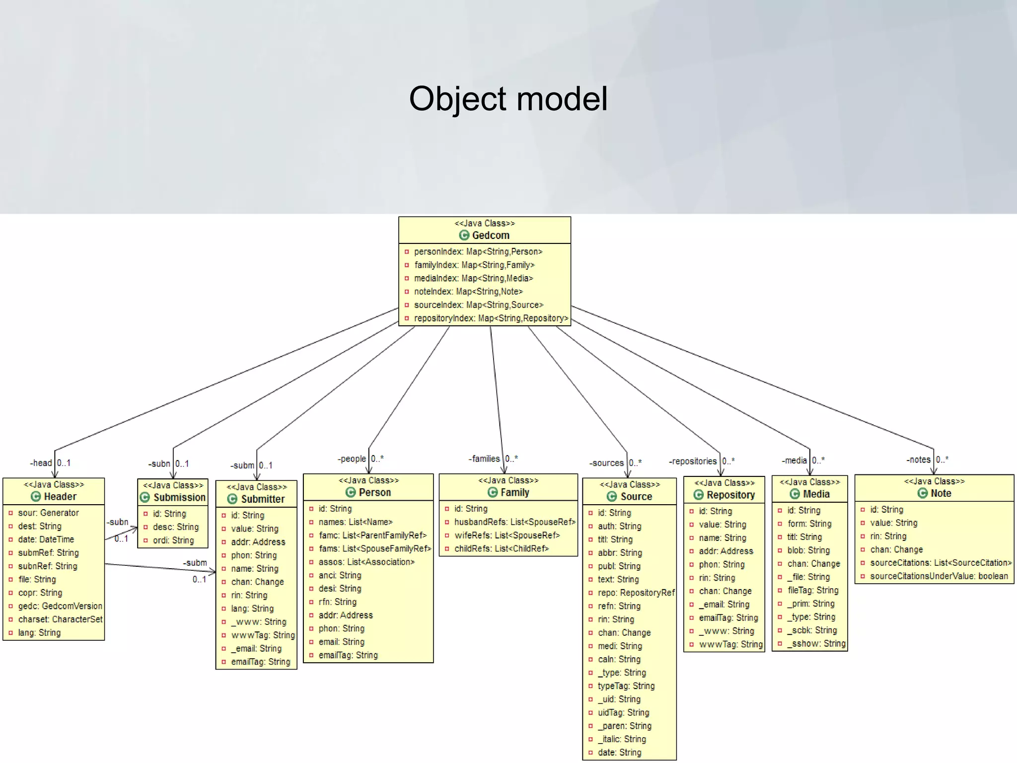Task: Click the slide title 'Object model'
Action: [x=508, y=98]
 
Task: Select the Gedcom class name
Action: [x=490, y=235]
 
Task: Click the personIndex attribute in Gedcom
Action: [x=478, y=252]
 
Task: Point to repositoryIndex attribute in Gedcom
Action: [x=491, y=318]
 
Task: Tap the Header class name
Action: [x=60, y=496]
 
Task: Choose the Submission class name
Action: [x=179, y=497]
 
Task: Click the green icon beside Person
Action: [x=351, y=492]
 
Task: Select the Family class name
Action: [x=514, y=492]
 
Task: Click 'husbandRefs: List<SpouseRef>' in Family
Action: [x=514, y=522]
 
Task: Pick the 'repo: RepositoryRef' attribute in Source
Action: [x=636, y=593]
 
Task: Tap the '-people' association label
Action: [x=352, y=458]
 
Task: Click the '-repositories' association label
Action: [x=693, y=461]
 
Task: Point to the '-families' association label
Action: [x=484, y=458]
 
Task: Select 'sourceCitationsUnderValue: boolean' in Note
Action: [x=939, y=576]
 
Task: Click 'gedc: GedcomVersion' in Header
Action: [x=60, y=606]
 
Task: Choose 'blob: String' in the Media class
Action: [x=808, y=550]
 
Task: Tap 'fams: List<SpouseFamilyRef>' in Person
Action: [x=374, y=549]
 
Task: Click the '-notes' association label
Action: [x=918, y=459]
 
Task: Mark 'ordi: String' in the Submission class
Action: [x=173, y=540]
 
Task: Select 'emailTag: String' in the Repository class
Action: [x=728, y=618]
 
